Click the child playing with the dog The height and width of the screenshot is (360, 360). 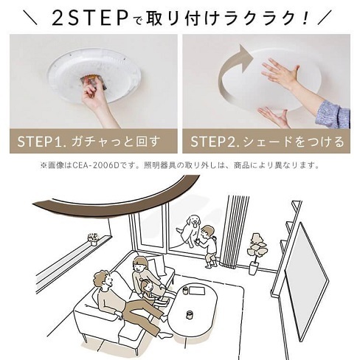(210, 243)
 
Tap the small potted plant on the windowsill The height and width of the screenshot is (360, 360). (93, 239)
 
